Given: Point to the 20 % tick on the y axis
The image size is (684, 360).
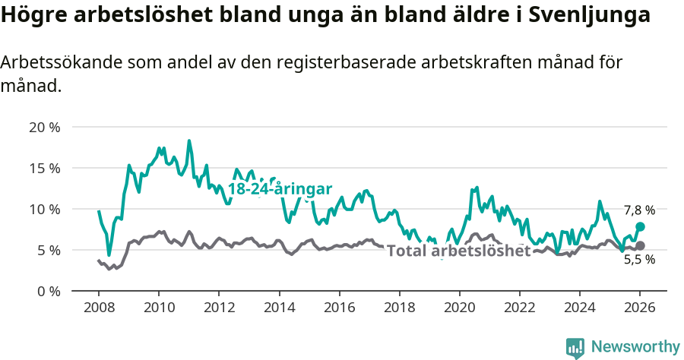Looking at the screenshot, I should coord(44,127).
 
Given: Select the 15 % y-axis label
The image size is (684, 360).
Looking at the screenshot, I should coord(44,168).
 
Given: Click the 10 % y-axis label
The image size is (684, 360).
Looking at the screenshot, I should coord(44,209).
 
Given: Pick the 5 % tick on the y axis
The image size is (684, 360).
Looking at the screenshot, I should coord(48,250).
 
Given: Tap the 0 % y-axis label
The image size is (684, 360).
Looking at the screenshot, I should coord(48,291).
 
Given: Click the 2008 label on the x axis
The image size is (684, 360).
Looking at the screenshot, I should coord(99,308).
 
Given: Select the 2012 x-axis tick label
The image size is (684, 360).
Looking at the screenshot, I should coord(219,308).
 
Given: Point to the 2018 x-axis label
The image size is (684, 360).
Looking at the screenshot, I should coord(399,308).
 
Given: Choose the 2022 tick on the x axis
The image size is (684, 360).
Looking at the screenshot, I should coord(519,308).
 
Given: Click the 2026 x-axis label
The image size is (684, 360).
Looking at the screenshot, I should coord(639,308).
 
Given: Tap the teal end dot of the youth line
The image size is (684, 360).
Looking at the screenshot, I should coord(640,226).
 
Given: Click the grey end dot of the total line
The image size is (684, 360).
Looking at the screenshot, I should coord(640,245).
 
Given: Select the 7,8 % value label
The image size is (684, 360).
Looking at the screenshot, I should coord(639,210).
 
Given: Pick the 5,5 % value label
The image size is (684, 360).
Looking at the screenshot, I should coord(639,260).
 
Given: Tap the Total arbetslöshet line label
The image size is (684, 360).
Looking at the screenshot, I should coord(458,251).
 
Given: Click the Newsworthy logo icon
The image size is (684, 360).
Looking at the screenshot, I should coord(575,347).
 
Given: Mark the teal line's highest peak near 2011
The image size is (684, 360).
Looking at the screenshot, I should coord(189,141).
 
